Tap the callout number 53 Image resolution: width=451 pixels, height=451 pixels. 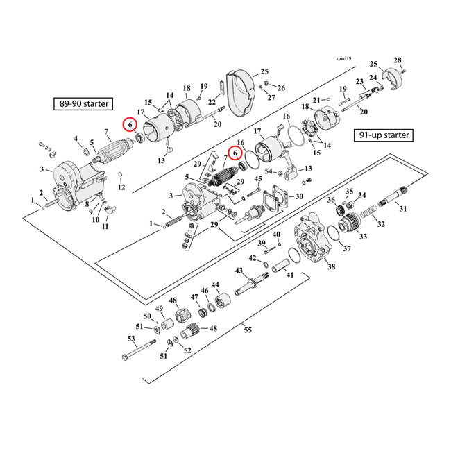click(x=130, y=339)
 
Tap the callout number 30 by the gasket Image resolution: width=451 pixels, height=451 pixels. click(x=299, y=196)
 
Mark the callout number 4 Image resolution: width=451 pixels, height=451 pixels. click(x=77, y=139)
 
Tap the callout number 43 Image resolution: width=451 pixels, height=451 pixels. click(x=239, y=270)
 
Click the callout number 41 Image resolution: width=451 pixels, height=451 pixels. click(x=289, y=275)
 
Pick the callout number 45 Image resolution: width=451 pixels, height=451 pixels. click(x=258, y=179)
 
